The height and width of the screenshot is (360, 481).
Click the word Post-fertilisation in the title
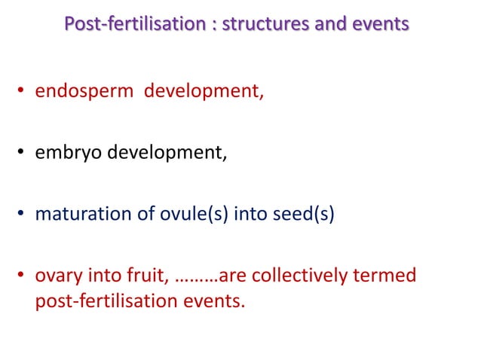(x=122, y=24)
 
